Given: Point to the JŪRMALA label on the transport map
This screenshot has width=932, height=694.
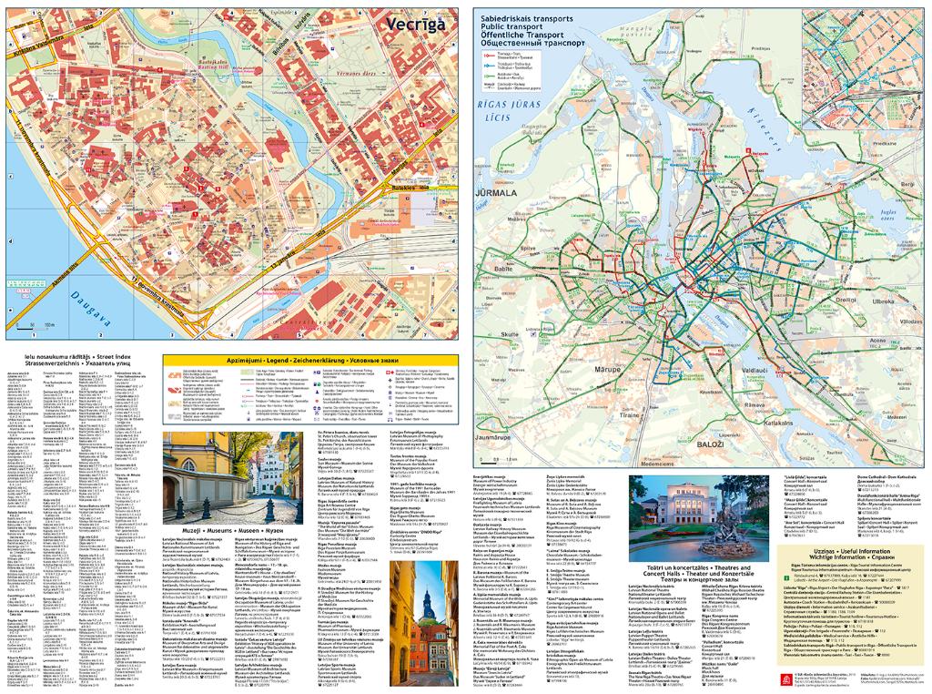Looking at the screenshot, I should pyautogui.click(x=492, y=194).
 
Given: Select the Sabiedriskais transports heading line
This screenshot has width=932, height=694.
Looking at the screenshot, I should pyautogui.click(x=522, y=18).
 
